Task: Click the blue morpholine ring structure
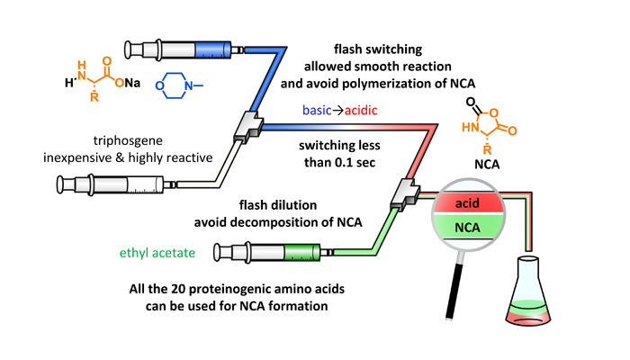180,88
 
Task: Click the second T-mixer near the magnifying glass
406,191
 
